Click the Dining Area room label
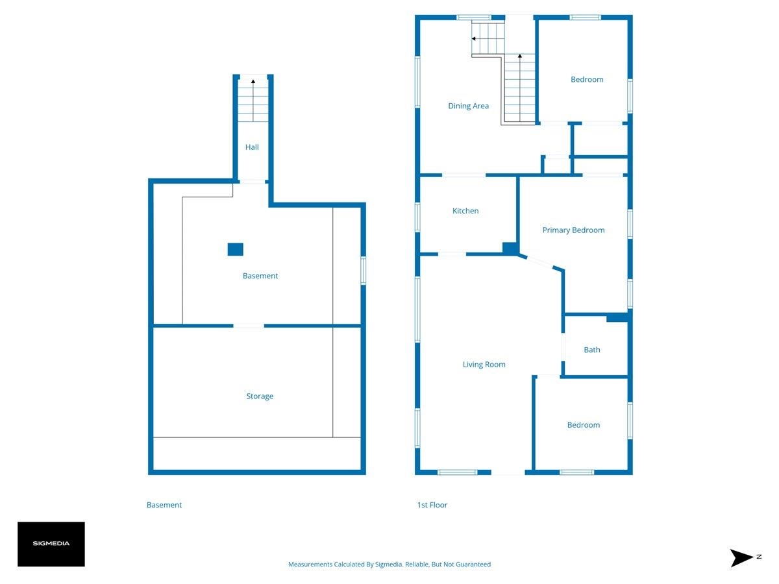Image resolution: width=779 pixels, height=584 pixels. click(x=468, y=106)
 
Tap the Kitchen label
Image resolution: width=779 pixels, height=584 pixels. click(x=465, y=211)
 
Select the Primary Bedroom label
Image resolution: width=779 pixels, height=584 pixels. click(x=573, y=230)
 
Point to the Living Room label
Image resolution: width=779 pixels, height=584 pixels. click(x=484, y=365)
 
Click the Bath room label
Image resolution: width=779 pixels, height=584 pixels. click(x=591, y=350)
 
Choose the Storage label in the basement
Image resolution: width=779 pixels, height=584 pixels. click(x=260, y=396)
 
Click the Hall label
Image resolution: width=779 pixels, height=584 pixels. click(x=252, y=147)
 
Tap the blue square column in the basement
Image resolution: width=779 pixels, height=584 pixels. click(x=235, y=249)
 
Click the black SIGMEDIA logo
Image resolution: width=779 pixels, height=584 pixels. click(x=51, y=544)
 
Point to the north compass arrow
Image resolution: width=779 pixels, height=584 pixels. click(x=741, y=558)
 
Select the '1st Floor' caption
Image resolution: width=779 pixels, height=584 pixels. click(x=432, y=505)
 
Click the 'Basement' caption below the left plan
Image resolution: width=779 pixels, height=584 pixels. click(x=164, y=505)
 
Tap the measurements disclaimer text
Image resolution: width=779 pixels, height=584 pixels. click(x=389, y=564)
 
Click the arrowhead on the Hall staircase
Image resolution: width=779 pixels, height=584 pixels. click(x=253, y=81)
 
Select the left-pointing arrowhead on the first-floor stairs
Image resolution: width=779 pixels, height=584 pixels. click(x=473, y=39)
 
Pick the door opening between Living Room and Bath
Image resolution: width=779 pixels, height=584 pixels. click(x=563, y=347)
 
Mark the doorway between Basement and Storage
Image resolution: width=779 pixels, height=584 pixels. click(x=249, y=326)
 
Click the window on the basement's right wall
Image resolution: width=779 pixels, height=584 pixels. click(x=363, y=271)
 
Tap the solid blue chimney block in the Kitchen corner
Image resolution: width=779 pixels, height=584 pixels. click(x=510, y=249)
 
